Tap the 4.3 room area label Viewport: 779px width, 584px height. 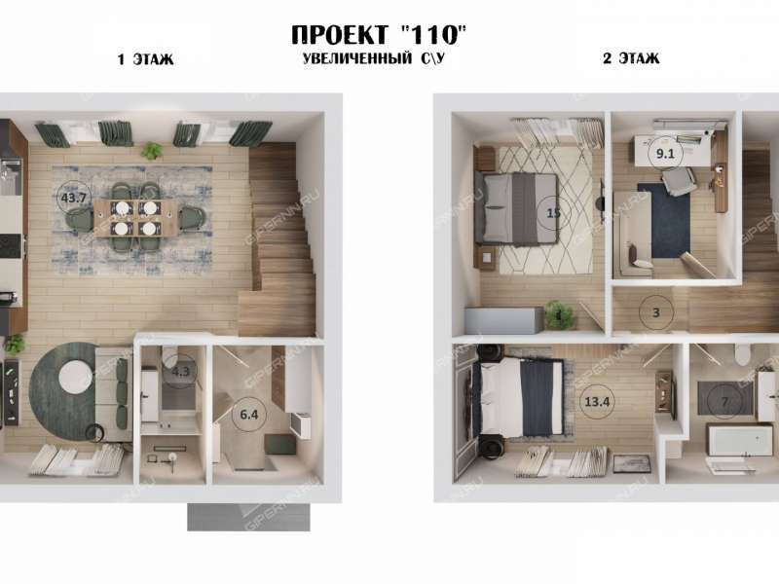click(179, 371)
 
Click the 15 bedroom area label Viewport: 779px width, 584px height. click(554, 213)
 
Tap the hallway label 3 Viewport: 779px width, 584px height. click(656, 312)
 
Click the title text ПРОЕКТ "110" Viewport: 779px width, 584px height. click(380, 35)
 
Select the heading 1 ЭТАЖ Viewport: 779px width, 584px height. click(145, 59)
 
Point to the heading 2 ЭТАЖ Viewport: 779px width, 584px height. click(631, 58)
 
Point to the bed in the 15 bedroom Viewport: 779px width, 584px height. click(516, 207)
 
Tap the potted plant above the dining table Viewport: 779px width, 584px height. click(151, 151)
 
